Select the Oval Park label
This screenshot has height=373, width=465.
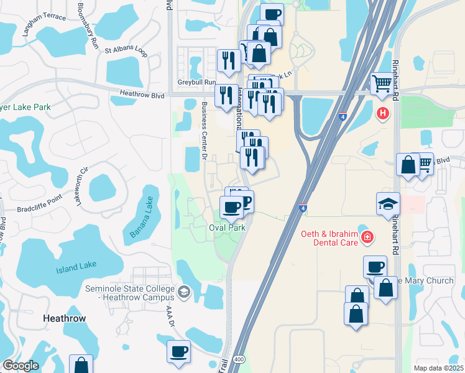[227, 228]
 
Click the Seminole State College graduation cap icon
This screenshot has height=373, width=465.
[183, 290]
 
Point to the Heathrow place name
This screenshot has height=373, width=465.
[64, 318]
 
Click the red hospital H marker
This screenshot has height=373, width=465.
[383, 114]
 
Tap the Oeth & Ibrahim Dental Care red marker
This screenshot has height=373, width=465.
[367, 237]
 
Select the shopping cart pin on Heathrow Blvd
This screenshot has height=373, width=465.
[381, 84]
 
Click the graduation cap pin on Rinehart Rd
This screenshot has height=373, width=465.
[388, 203]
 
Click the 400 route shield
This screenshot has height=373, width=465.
[239, 360]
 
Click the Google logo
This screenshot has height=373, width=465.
[21, 365]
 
